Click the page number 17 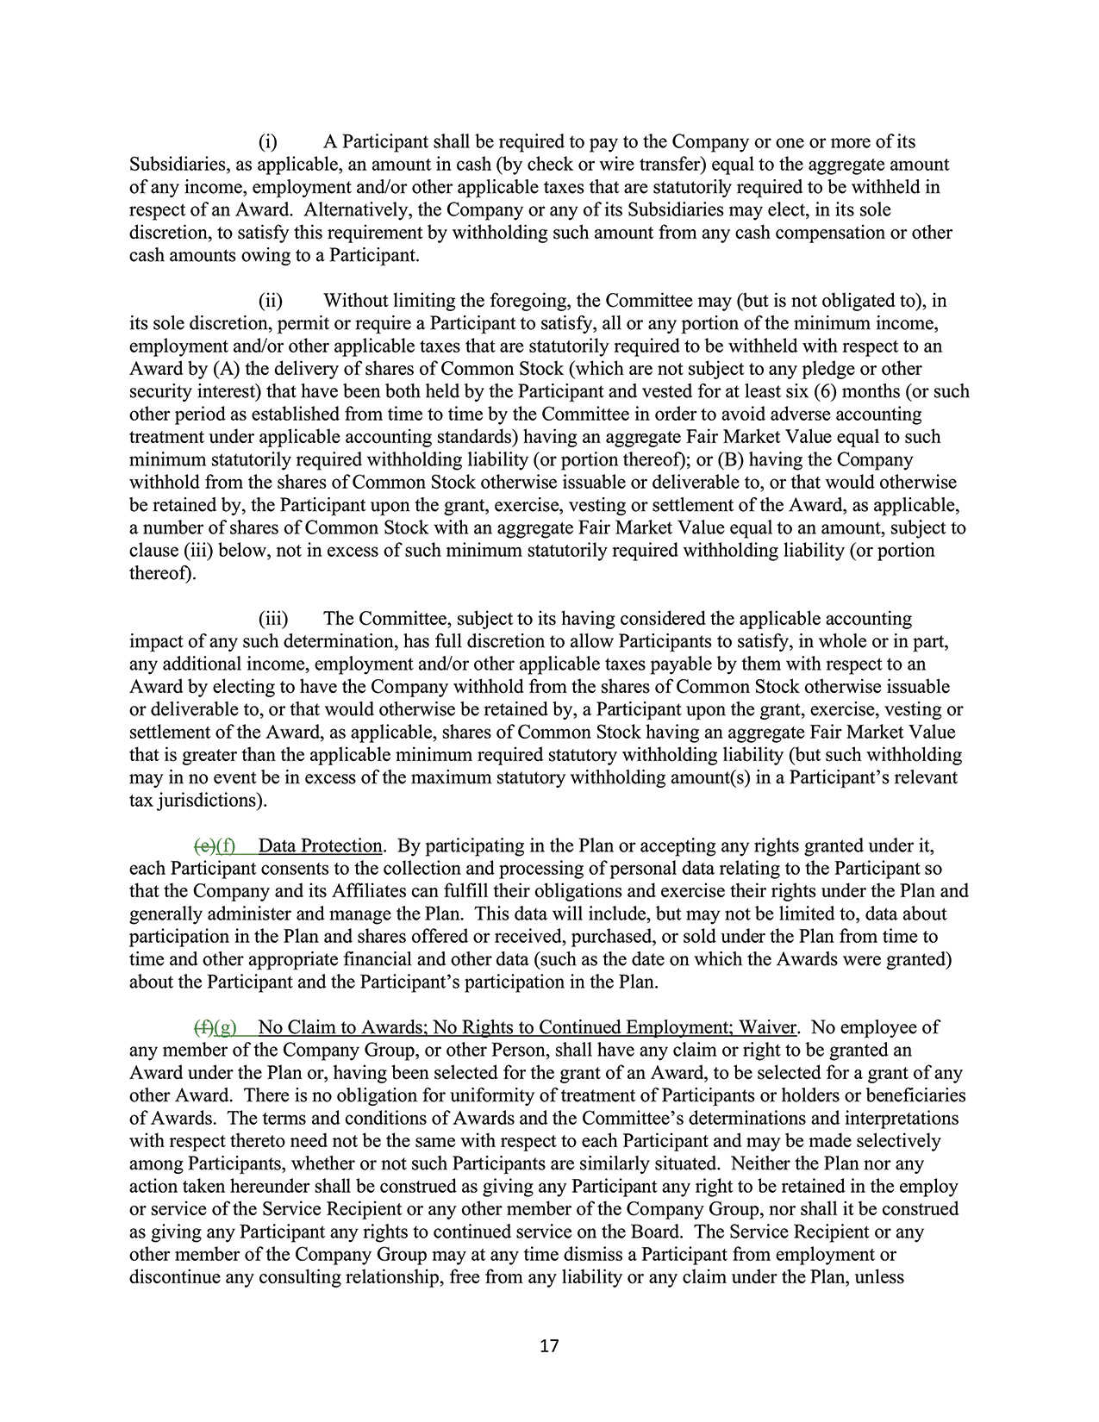[549, 1345]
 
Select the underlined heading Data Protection [320, 845]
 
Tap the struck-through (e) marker [205, 845]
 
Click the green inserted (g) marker [225, 1027]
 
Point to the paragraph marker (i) [267, 141]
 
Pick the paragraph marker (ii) [271, 300]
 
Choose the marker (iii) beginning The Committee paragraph [273, 619]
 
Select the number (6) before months [827, 391]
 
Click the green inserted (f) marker [226, 845]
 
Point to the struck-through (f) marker [204, 1027]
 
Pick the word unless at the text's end [879, 1277]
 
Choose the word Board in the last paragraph [659, 1232]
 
